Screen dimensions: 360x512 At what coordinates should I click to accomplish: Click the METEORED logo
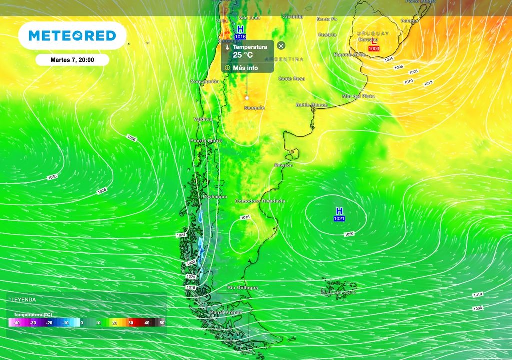click(x=72, y=35)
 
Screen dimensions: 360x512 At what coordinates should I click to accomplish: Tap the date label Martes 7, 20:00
click(x=72, y=60)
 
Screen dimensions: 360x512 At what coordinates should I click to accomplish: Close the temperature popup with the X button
click(x=281, y=46)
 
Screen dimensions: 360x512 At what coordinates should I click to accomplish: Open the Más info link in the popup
click(x=245, y=67)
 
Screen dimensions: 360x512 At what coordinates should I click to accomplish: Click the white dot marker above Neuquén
click(x=246, y=98)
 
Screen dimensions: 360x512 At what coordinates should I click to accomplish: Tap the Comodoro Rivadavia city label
click(x=260, y=201)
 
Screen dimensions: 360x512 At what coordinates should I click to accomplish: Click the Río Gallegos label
click(x=243, y=288)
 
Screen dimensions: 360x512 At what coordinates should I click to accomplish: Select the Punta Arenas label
click(x=226, y=312)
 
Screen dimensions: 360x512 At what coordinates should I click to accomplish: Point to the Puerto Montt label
click(x=206, y=141)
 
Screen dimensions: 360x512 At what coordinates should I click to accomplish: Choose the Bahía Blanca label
click(x=311, y=105)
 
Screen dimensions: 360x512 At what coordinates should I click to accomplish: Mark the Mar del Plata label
click(x=358, y=96)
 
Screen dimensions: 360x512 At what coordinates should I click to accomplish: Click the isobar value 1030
click(x=52, y=177)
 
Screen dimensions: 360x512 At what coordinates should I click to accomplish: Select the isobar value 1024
click(x=181, y=235)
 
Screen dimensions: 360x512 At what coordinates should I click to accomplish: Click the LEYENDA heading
click(x=24, y=300)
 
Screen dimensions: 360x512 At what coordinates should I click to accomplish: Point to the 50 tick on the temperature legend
click(x=162, y=323)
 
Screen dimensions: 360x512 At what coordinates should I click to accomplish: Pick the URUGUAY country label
click(x=373, y=33)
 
